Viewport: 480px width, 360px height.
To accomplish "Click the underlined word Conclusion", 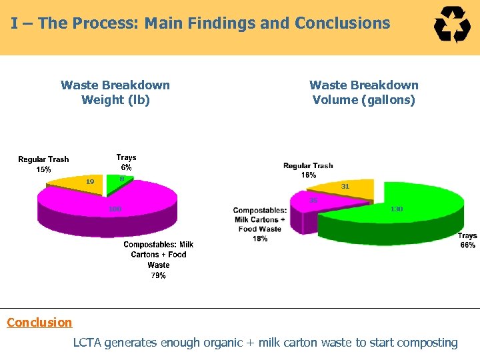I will pyautogui.click(x=39, y=323).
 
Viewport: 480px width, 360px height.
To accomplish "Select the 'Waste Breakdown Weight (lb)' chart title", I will pyautogui.click(x=115, y=93).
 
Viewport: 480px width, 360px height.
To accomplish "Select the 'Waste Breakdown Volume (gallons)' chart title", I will pyautogui.click(x=364, y=93).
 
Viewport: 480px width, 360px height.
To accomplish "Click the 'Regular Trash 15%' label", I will pyautogui.click(x=43, y=164).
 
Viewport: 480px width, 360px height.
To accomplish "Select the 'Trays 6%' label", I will pyautogui.click(x=126, y=163).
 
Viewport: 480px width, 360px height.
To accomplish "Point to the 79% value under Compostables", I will pyautogui.click(x=159, y=275).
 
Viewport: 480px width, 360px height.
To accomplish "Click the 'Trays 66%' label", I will pyautogui.click(x=467, y=241).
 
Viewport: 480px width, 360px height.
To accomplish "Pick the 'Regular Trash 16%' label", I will pyautogui.click(x=308, y=170).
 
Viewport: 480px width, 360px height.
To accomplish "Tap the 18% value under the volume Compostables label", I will pyautogui.click(x=260, y=239).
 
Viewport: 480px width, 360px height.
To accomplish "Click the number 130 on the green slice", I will pyautogui.click(x=397, y=209).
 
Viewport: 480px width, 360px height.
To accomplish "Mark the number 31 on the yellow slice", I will pyautogui.click(x=345, y=187).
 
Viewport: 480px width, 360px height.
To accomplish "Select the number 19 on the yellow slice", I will pyautogui.click(x=90, y=181).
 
